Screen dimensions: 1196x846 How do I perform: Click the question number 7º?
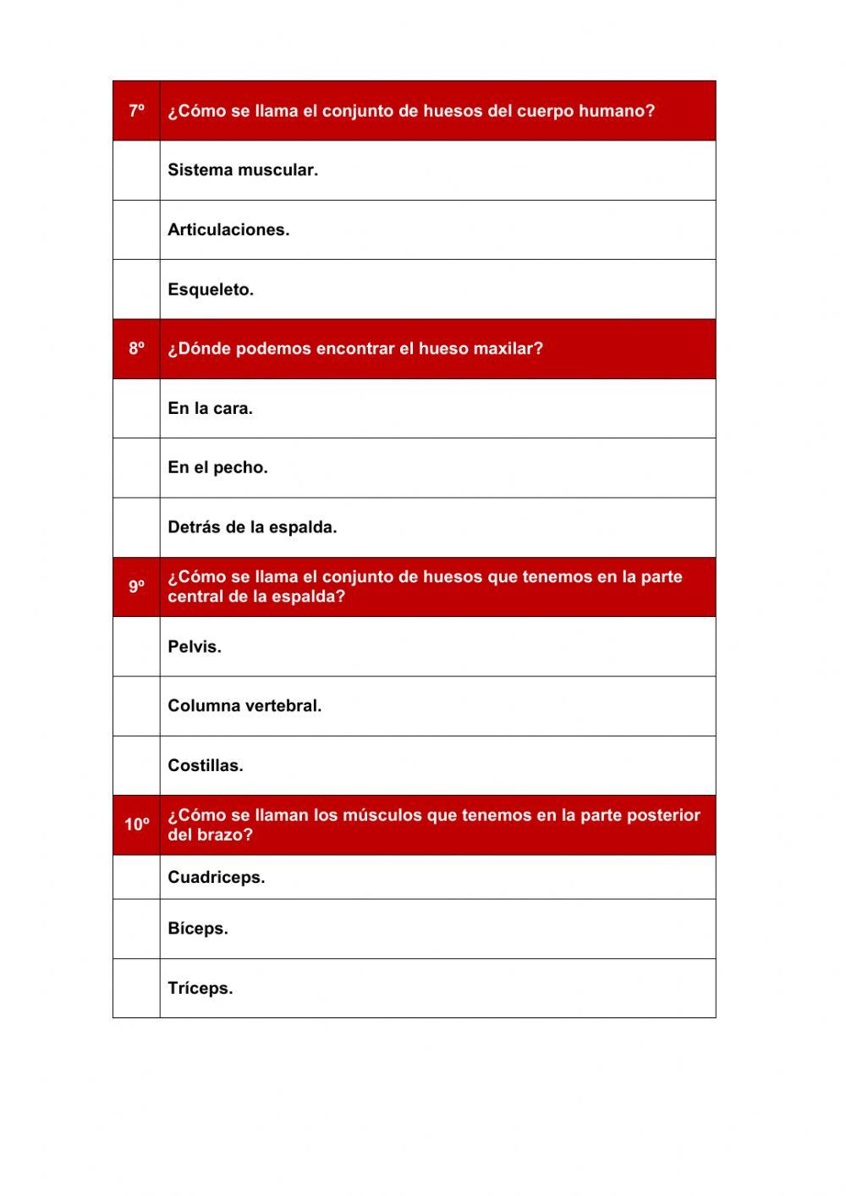point(136,111)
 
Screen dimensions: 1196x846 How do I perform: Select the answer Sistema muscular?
point(243,170)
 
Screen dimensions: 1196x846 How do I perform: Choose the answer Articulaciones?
point(228,229)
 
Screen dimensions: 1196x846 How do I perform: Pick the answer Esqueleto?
point(211,289)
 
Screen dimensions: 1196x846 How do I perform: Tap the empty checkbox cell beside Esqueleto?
point(136,289)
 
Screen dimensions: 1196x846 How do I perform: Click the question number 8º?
point(136,349)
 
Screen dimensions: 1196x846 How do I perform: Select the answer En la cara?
point(210,408)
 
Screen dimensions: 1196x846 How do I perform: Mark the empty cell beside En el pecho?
point(136,468)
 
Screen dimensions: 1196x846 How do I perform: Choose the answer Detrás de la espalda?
point(252,527)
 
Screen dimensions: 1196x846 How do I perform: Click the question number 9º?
point(136,587)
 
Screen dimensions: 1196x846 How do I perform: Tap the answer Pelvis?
point(195,647)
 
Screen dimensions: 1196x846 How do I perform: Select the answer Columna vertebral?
point(244,706)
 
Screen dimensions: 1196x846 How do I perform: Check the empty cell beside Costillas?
point(136,765)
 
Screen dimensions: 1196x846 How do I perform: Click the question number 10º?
point(136,824)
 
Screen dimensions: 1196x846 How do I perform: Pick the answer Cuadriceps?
point(216,878)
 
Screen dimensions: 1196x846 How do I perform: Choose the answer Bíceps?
point(198,929)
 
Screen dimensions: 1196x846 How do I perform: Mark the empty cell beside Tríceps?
point(136,988)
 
